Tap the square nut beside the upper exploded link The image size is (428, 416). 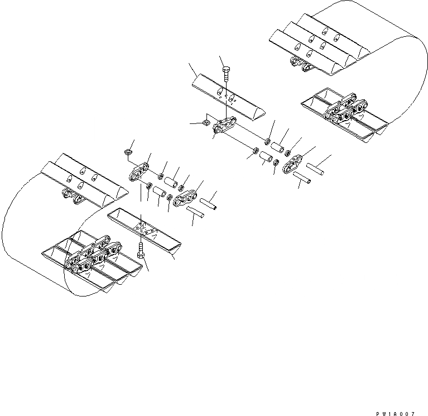[x=206, y=121]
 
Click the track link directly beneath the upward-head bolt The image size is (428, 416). [x=223, y=128]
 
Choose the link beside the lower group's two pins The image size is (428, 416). [x=185, y=198]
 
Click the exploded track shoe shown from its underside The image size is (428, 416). [x=143, y=228]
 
